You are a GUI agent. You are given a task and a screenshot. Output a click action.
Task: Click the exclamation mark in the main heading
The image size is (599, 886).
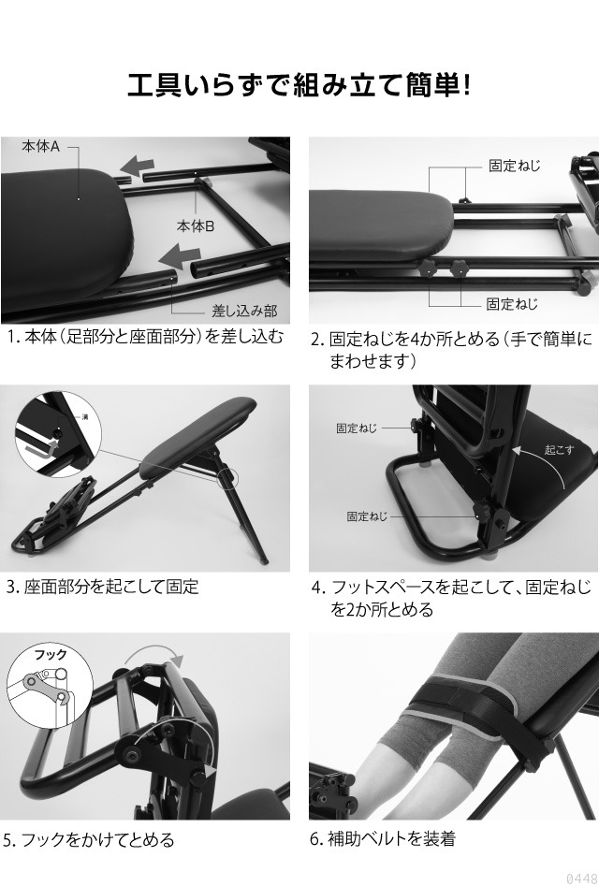coord(465,85)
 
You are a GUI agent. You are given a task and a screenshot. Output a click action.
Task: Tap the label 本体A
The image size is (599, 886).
coord(41,147)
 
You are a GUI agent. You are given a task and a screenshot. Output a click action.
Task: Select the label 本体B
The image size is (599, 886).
coord(196,225)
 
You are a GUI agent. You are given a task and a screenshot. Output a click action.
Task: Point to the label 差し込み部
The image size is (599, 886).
coord(243,311)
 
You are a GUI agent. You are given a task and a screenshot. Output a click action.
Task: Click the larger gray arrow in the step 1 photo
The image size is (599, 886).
coord(183,254)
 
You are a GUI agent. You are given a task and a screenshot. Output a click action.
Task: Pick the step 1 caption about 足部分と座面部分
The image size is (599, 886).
coord(144,337)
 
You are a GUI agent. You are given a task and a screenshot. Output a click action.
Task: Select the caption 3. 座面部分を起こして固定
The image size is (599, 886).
coord(102,588)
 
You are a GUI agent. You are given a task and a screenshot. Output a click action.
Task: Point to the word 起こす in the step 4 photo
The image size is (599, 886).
coord(560,450)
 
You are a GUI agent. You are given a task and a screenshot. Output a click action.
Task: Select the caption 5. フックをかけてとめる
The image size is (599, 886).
coord(89,840)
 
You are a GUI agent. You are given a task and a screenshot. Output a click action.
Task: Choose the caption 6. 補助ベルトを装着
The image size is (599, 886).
coord(382,839)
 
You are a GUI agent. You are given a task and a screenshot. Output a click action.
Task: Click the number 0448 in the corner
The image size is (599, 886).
coord(579,878)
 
